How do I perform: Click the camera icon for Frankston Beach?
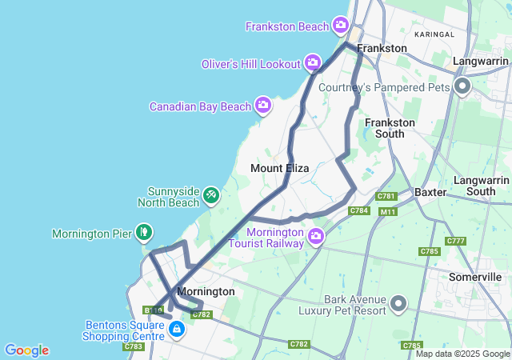point(342,26)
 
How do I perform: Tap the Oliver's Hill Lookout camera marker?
point(313,62)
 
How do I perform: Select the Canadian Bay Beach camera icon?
point(263,105)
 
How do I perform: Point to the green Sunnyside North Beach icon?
point(211,194)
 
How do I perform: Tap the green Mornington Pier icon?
point(143,233)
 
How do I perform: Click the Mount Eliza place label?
point(279,168)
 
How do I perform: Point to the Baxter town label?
point(430,193)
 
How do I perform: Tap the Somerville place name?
point(475,276)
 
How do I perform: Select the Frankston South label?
point(390,128)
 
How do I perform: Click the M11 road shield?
point(388,211)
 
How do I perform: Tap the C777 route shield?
point(456,241)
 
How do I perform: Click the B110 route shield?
point(153,310)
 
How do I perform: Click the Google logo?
point(26,350)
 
